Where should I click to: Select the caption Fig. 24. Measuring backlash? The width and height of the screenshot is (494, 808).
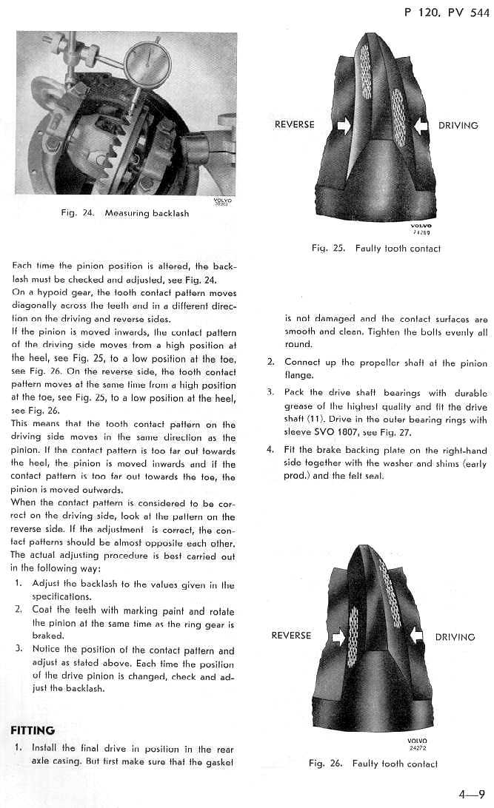click(x=124, y=213)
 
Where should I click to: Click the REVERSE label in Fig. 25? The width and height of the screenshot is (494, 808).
click(x=295, y=125)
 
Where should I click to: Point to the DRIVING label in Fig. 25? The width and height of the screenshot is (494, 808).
click(x=458, y=125)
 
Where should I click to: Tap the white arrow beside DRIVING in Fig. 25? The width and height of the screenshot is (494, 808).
click(x=420, y=126)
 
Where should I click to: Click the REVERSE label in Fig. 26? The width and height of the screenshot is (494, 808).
click(x=292, y=636)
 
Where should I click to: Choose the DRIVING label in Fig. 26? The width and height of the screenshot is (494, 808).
click(x=455, y=636)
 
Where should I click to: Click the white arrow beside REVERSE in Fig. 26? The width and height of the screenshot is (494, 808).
click(x=338, y=636)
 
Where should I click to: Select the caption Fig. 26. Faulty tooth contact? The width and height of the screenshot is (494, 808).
click(x=373, y=764)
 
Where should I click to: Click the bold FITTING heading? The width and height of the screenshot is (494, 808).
click(x=33, y=730)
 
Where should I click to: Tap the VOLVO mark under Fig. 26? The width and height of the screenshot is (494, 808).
click(x=418, y=740)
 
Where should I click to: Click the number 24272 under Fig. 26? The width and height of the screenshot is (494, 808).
click(x=418, y=747)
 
